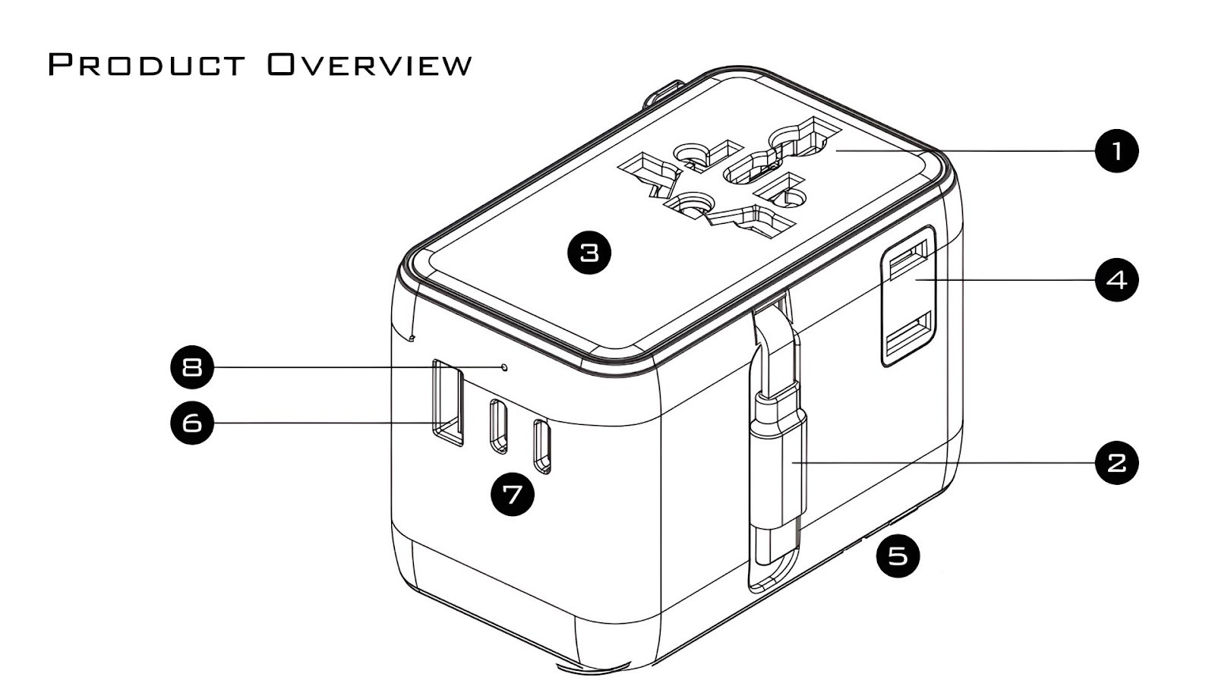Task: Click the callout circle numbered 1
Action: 1116,151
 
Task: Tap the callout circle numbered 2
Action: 1116,462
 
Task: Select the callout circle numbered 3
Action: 589,251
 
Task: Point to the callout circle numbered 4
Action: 1116,280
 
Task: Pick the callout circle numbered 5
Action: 898,556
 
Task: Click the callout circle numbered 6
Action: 192,422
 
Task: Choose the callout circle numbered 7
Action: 513,494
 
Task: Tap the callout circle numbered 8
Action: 192,367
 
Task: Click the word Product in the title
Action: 147,65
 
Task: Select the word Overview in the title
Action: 370,65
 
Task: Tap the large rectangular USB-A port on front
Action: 447,401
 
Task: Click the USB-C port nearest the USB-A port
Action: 498,426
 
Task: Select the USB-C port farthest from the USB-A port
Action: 541,447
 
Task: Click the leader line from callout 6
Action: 319,422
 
